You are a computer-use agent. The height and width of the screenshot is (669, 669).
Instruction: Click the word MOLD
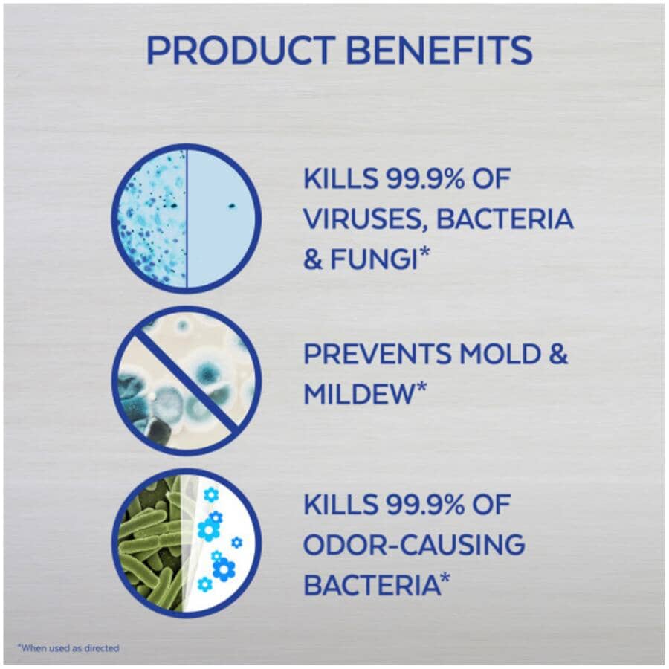[499, 354]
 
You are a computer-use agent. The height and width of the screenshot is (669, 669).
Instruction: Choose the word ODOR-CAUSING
[414, 544]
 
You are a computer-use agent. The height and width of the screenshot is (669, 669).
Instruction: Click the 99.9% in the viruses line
[425, 178]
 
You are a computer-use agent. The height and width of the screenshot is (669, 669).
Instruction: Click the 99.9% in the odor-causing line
[425, 504]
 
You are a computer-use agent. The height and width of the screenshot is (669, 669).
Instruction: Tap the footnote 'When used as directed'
[68, 648]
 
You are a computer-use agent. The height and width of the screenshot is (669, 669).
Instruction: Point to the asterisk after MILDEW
[421, 388]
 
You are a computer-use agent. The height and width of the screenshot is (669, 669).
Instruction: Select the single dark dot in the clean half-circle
[232, 206]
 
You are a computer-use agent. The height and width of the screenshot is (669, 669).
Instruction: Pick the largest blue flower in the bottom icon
[224, 568]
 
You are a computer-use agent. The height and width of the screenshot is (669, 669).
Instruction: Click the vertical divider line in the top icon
[187, 219]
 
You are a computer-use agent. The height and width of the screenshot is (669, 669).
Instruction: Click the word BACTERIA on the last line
[371, 584]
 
